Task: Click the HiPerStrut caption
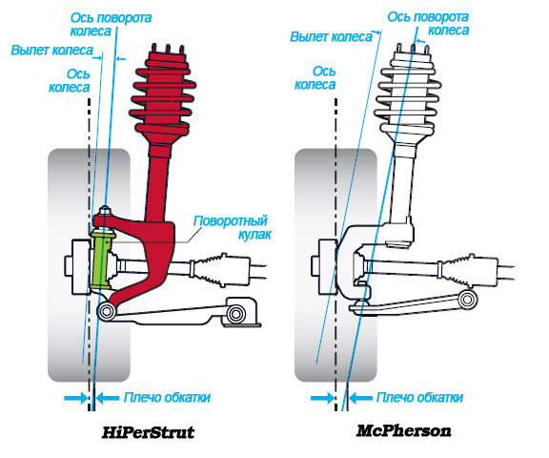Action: (x=148, y=432)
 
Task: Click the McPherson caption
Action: (x=404, y=430)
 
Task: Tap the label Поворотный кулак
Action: (x=232, y=227)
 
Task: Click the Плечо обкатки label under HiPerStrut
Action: (x=167, y=397)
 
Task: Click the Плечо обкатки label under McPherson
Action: (x=419, y=397)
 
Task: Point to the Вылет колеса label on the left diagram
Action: (x=52, y=51)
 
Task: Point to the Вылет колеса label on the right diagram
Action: (x=331, y=36)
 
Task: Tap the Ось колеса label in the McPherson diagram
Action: (x=315, y=78)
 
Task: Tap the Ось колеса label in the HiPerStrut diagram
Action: (x=70, y=80)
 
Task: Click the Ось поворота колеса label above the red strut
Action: (x=111, y=24)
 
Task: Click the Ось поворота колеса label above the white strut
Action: (x=428, y=23)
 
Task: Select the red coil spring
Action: (x=163, y=96)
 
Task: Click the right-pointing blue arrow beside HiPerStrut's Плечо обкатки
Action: (x=76, y=398)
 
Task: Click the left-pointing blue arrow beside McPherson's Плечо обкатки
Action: (x=361, y=398)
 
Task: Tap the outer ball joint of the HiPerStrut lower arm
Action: (x=107, y=311)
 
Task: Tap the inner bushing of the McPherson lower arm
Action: (x=467, y=300)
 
